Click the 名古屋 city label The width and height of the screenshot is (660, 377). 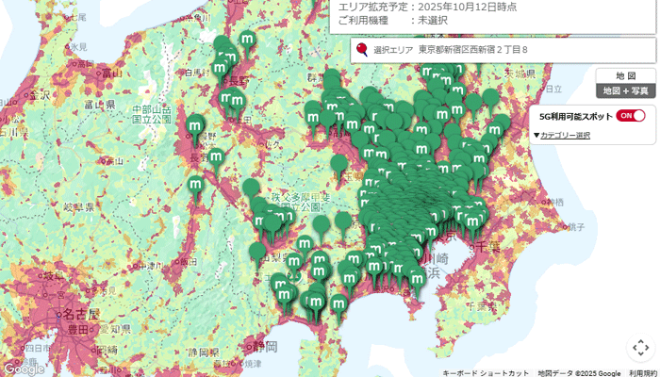pos(69,313)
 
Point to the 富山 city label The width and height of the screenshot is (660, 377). pos(91,105)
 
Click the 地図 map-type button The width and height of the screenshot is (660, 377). pos(625,75)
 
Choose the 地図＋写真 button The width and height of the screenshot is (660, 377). pos(625,90)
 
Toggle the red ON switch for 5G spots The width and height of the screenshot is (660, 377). pos(631,116)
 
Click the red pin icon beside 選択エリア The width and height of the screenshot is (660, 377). pos(362,49)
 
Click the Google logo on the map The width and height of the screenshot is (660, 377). pos(24,369)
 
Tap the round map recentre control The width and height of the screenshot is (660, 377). pos(640,348)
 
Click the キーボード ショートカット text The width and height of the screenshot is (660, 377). pos(486,372)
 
